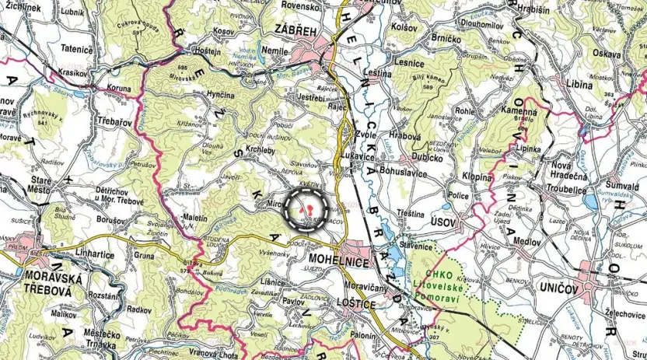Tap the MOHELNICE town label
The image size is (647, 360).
click(x=338, y=262)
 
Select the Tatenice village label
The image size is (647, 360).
click(x=77, y=47)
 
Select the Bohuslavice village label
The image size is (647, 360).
click(x=406, y=170)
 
